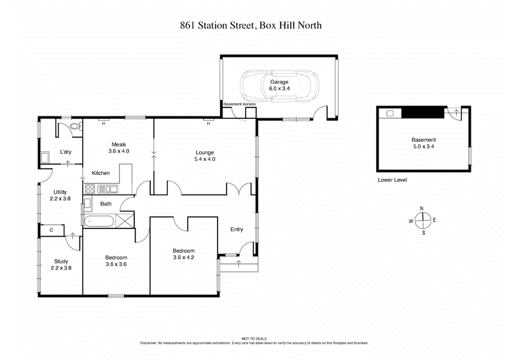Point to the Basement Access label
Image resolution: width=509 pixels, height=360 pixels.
(239, 104)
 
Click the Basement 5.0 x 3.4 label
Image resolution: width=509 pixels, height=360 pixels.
(422, 143)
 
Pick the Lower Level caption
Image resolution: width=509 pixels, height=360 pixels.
(392, 180)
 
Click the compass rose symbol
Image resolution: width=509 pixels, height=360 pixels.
(422, 220)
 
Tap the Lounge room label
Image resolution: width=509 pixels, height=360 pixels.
(204, 156)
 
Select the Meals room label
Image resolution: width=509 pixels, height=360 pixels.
(120, 148)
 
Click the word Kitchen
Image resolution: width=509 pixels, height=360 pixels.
(102, 173)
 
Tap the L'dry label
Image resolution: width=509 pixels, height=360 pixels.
(66, 153)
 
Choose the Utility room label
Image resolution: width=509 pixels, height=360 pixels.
(60, 195)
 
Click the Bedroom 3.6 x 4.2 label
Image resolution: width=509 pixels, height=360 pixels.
(183, 254)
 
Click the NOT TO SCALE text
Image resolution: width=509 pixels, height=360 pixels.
(254, 339)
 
